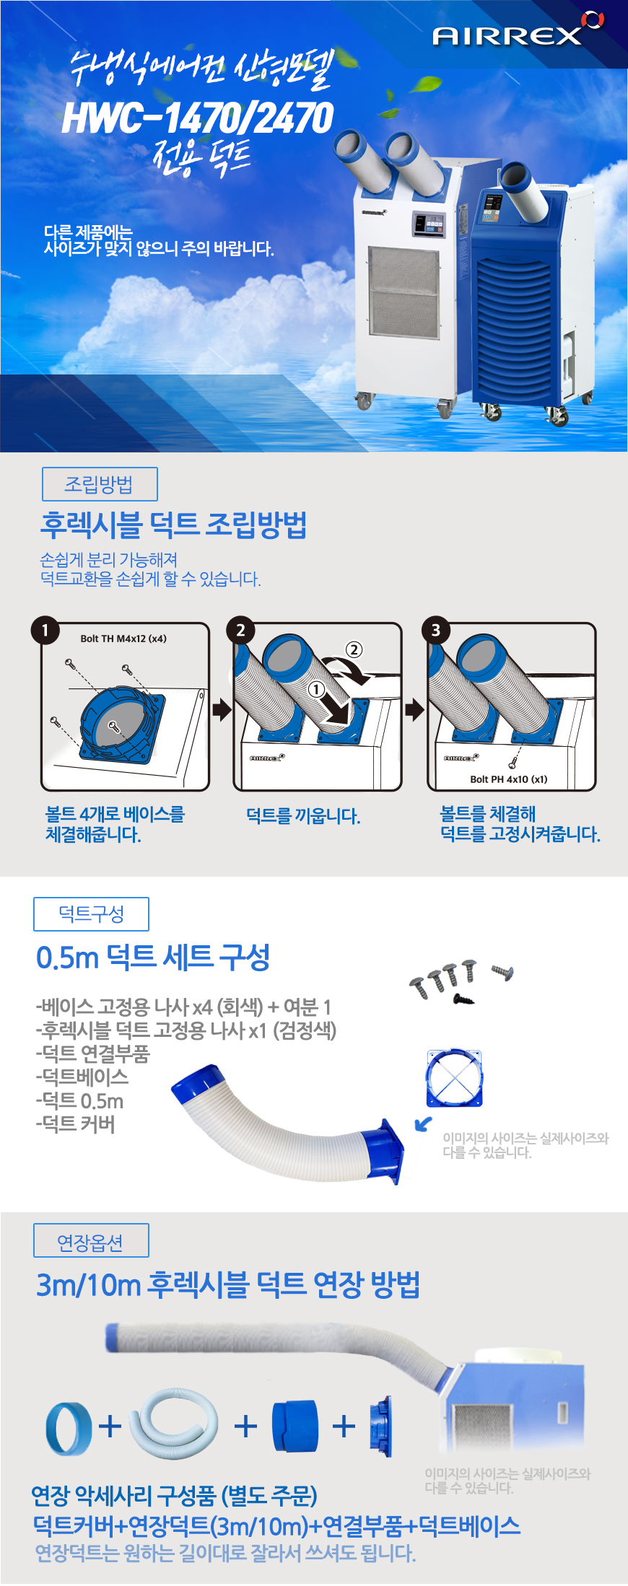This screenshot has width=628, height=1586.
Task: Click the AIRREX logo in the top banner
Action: point(518,30)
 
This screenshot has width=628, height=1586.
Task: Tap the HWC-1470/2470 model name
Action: point(198,118)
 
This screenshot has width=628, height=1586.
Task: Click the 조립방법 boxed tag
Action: point(100,484)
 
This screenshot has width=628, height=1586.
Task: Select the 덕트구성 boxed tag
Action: point(91,914)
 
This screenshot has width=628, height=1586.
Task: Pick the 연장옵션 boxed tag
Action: point(91,1240)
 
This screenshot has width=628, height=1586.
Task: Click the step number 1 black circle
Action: point(45,630)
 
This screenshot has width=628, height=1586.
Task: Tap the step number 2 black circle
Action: point(240,630)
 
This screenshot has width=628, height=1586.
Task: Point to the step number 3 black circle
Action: point(435,630)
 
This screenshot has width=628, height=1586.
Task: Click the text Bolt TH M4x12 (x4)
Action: point(123,639)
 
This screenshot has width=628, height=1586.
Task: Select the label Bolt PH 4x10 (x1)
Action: point(509,779)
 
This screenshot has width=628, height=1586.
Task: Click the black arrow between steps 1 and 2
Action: point(222,710)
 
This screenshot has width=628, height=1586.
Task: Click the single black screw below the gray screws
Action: point(463,999)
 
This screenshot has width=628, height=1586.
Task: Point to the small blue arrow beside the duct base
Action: point(424,1123)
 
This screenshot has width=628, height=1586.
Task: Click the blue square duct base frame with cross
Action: point(453,1079)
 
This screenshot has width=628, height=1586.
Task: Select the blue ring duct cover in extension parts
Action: point(69,1427)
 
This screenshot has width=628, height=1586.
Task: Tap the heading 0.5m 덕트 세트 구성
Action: point(153,958)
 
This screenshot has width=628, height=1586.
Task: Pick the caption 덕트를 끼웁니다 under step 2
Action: point(303,816)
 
